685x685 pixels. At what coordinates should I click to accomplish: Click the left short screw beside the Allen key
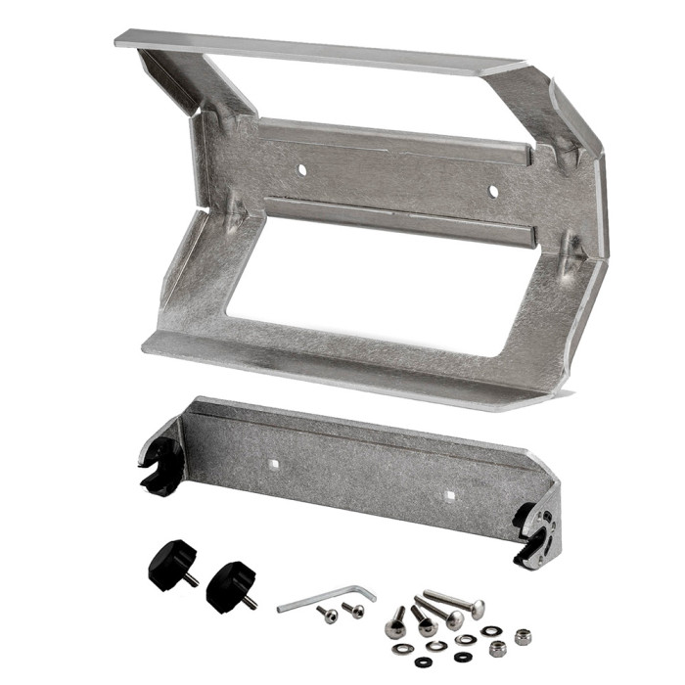pyautogui.click(x=328, y=615)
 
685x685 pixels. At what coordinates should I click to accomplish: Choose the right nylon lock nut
pyautogui.click(x=523, y=637)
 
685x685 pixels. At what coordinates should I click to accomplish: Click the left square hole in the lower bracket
pyautogui.click(x=275, y=457)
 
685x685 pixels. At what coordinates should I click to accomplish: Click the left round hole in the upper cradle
pyautogui.click(x=301, y=170)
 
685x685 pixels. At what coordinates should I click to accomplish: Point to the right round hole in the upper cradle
pyautogui.click(x=493, y=191)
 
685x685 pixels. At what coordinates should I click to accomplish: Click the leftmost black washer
pyautogui.click(x=398, y=649)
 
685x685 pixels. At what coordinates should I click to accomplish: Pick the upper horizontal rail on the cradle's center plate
pyautogui.click(x=391, y=141)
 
